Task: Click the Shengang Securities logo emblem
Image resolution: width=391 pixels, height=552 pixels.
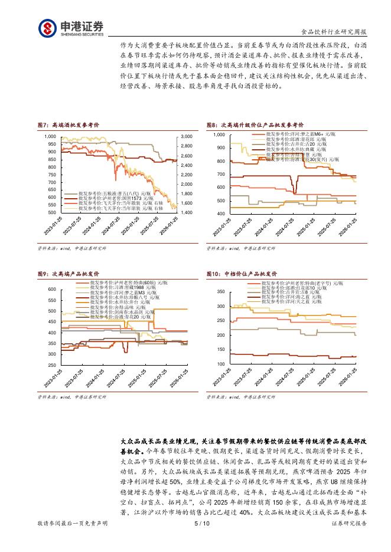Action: [48, 28]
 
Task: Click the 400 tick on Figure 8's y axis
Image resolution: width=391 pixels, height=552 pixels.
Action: [220, 213]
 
